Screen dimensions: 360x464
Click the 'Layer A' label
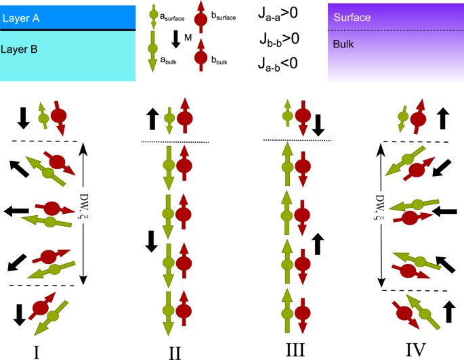(x=22, y=18)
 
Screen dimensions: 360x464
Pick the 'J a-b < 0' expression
(x=278, y=64)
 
